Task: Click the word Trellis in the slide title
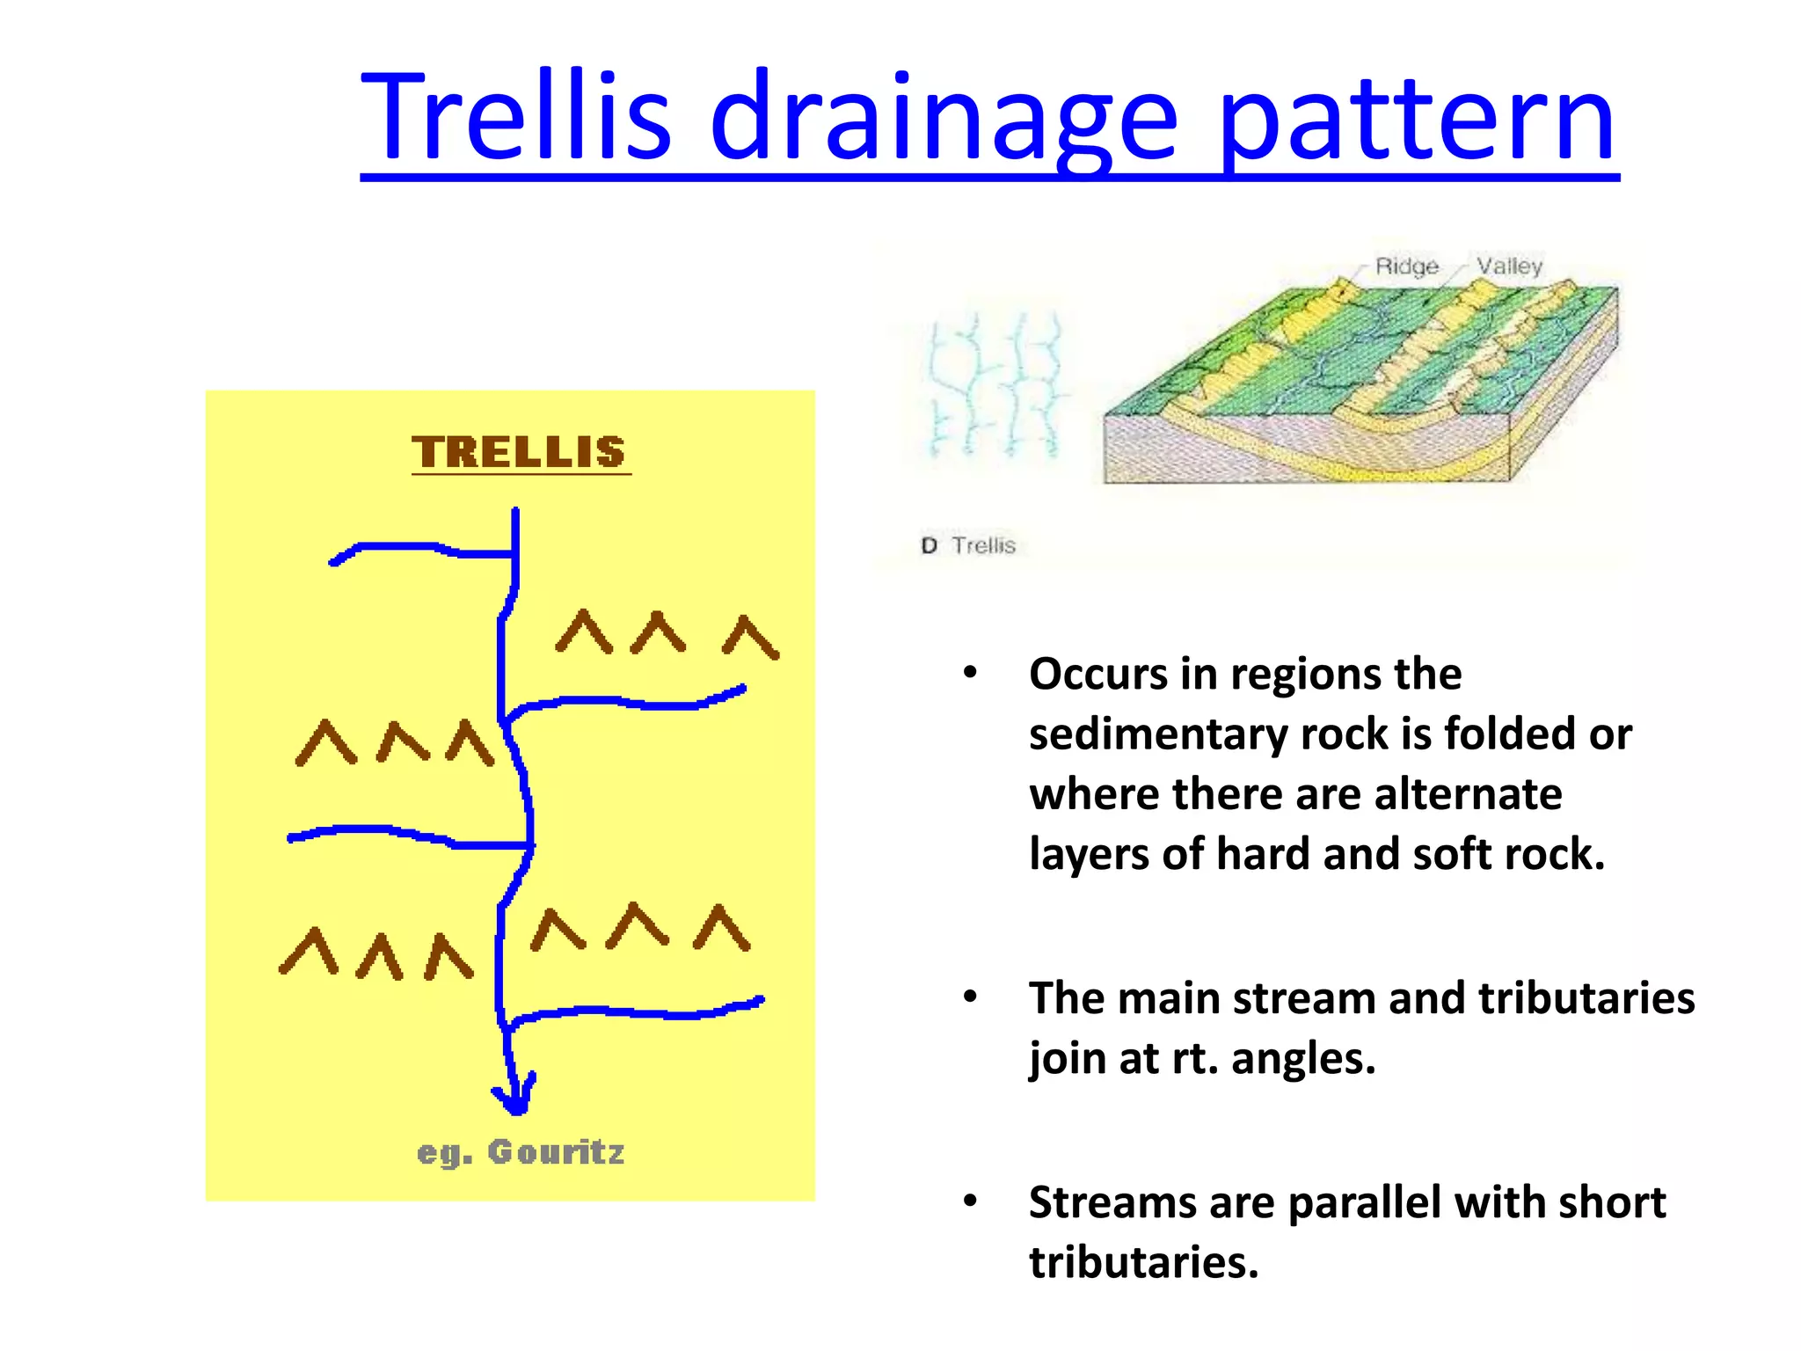(x=517, y=119)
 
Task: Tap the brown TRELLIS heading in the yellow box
(x=520, y=452)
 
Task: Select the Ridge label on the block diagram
(x=1406, y=266)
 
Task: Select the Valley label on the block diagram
(x=1509, y=266)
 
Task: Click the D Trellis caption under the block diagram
(x=968, y=545)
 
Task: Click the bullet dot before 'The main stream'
(x=970, y=997)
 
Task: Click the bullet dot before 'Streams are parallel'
(x=970, y=1201)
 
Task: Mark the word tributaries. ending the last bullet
(x=1143, y=1262)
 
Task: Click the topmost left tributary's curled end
(x=335, y=561)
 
